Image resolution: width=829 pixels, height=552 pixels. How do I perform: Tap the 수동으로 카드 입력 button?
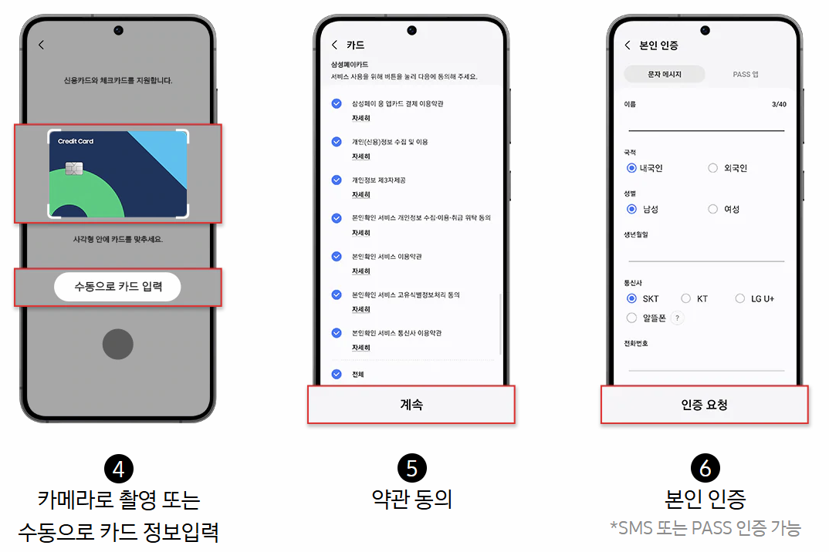click(x=117, y=287)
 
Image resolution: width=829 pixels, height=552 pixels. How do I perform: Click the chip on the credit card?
click(x=75, y=169)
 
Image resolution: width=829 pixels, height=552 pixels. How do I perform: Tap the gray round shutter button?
click(x=117, y=344)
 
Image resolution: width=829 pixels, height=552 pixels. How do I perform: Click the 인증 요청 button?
click(x=704, y=405)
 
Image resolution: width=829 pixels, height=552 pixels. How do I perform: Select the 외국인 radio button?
click(x=713, y=168)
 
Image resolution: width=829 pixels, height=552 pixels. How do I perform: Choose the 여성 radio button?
click(x=713, y=209)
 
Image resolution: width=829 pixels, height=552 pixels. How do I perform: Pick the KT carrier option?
click(x=686, y=298)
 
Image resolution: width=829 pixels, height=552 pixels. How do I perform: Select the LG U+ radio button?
click(x=740, y=298)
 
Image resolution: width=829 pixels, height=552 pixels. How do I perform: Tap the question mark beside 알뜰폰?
click(x=677, y=318)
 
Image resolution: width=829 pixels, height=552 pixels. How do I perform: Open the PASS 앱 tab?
click(x=745, y=74)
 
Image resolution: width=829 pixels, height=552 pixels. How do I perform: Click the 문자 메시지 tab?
click(x=664, y=74)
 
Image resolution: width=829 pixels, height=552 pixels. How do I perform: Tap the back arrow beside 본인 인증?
click(x=628, y=45)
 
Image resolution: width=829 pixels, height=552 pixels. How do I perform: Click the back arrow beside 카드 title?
click(x=334, y=45)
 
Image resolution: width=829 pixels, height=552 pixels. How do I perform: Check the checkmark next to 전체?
click(x=336, y=374)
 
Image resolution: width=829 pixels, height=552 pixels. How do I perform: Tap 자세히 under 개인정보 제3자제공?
click(x=360, y=194)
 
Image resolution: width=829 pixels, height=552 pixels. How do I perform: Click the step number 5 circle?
click(x=411, y=468)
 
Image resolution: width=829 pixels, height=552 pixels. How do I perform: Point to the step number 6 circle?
click(x=704, y=468)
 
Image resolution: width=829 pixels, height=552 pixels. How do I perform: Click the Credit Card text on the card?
click(x=76, y=141)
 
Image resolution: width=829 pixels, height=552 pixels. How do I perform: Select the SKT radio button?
click(x=631, y=298)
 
